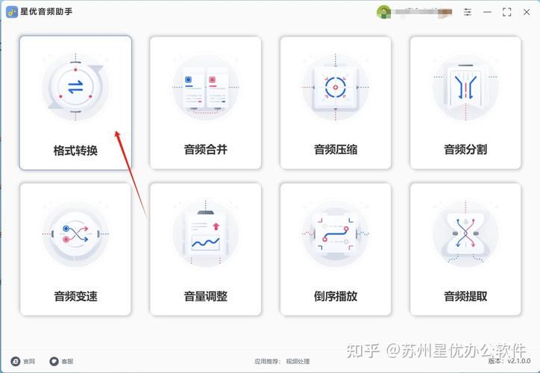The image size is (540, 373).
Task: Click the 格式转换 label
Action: click(x=75, y=150)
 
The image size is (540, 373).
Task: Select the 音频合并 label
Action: click(x=205, y=149)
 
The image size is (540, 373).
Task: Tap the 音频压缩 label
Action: click(x=336, y=149)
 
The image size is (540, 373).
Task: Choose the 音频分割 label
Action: click(x=465, y=149)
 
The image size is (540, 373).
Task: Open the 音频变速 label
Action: click(x=75, y=296)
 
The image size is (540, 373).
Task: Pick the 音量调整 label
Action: click(x=205, y=296)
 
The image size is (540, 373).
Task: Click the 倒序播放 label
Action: click(x=336, y=296)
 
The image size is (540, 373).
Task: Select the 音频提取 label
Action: click(x=465, y=296)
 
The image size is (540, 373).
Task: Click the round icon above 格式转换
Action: click(x=75, y=87)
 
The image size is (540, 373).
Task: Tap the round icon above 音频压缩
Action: click(x=336, y=87)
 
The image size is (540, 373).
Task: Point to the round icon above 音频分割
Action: click(x=465, y=87)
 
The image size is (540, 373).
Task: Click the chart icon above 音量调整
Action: click(x=205, y=234)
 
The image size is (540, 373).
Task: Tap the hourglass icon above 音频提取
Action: click(x=465, y=234)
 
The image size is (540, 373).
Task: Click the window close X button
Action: click(x=527, y=12)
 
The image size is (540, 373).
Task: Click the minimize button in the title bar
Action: click(x=488, y=12)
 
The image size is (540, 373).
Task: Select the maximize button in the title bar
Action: click(x=507, y=12)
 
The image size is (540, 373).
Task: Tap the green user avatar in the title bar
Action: click(x=384, y=12)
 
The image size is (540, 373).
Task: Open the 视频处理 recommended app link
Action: click(x=298, y=361)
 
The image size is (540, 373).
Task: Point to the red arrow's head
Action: click(x=117, y=132)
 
